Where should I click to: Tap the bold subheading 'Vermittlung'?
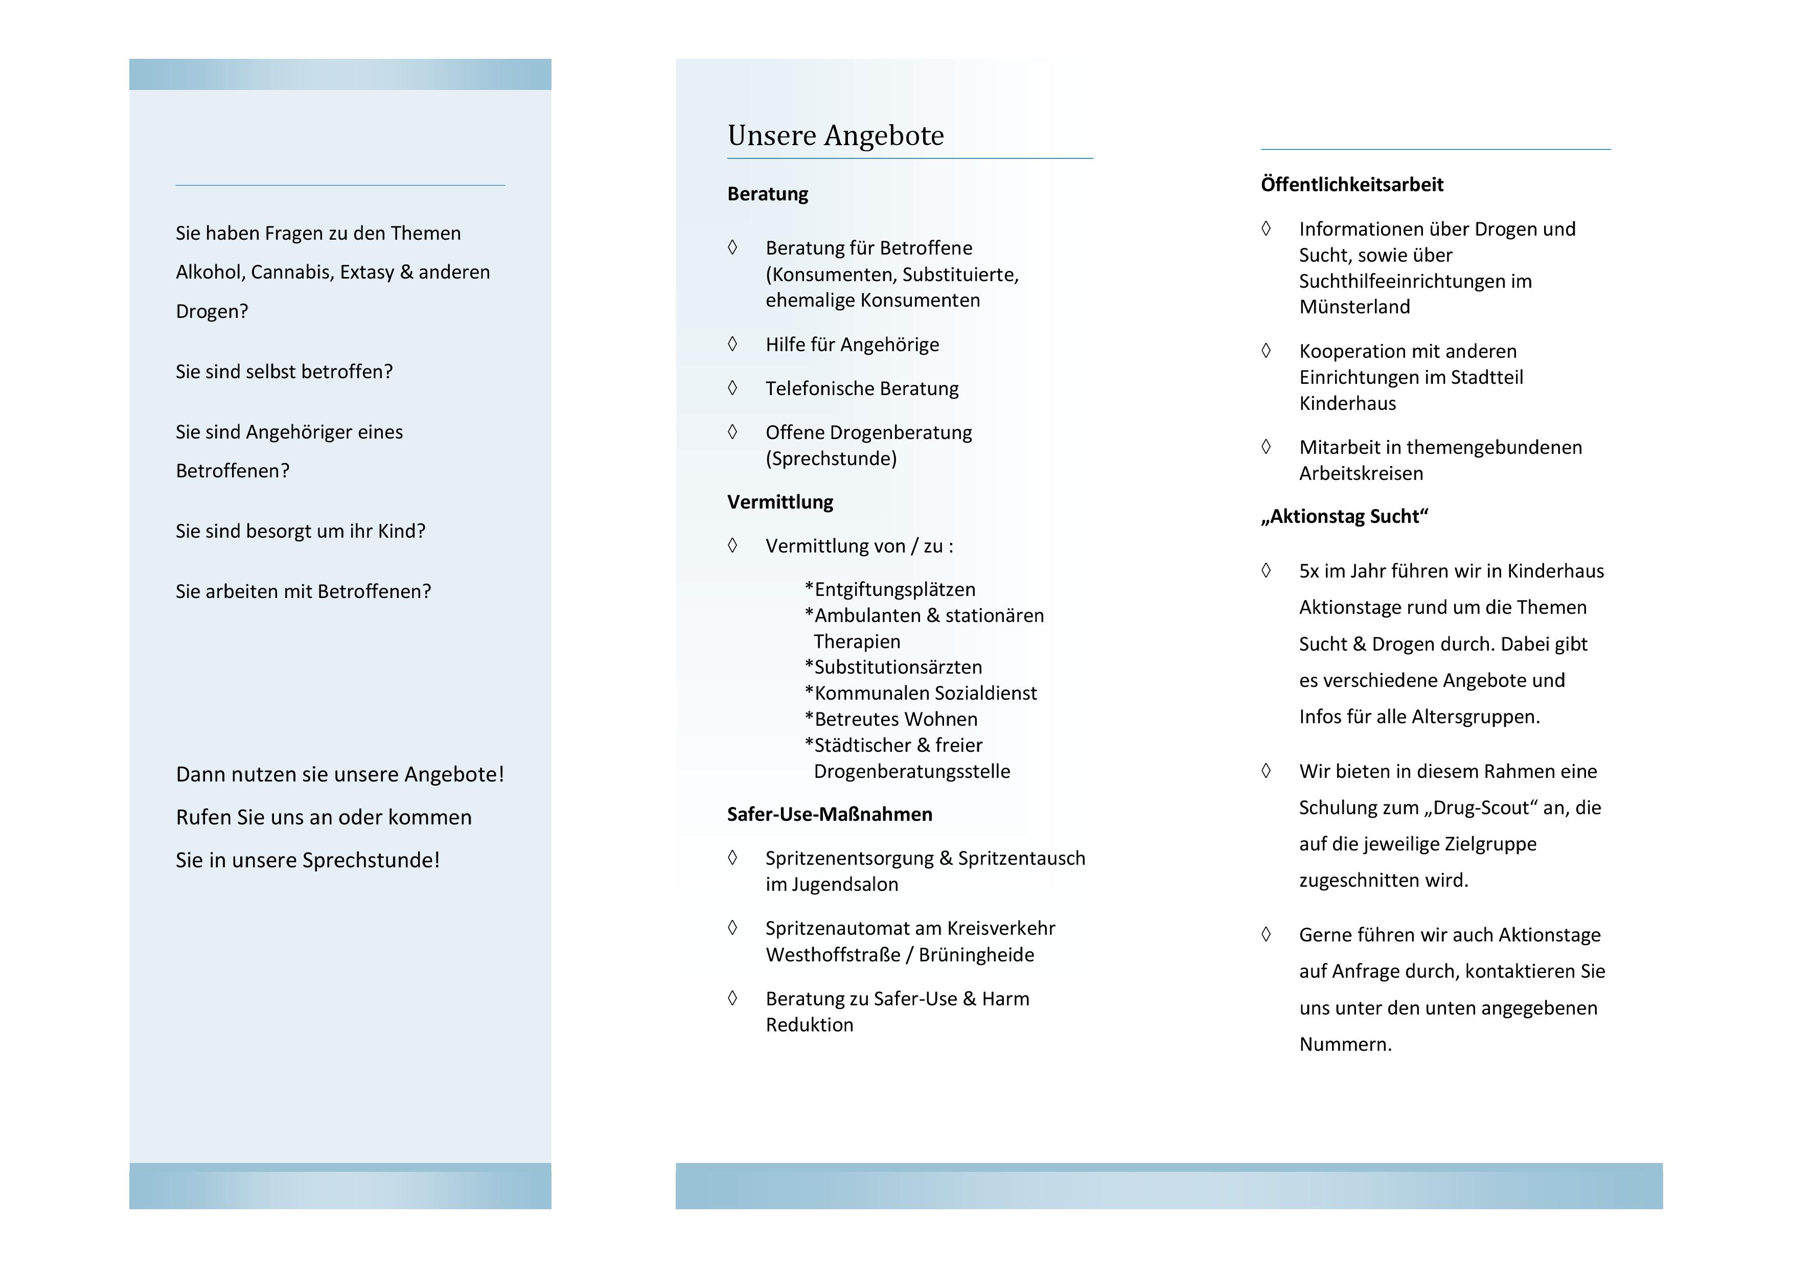779,502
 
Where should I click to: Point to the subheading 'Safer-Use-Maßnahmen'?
830,814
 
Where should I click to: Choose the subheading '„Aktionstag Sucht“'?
1344,516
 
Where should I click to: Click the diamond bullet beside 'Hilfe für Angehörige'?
732,344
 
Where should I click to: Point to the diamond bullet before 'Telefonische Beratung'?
732,388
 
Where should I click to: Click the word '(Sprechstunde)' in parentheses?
831,458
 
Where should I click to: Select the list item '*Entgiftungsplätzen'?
889,589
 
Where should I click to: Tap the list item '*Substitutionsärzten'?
893,667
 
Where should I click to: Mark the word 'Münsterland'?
1354,307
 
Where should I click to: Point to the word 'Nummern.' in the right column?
1345,1045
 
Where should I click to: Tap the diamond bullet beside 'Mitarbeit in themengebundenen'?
1266,447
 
